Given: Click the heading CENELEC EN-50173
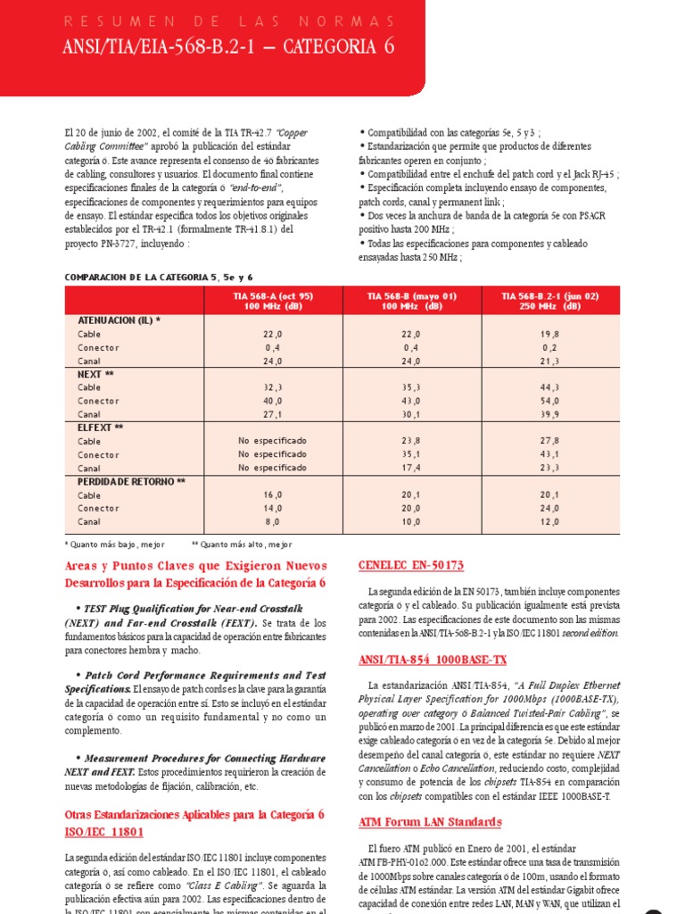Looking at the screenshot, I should click(410, 566).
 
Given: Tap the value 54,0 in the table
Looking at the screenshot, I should click(549, 401).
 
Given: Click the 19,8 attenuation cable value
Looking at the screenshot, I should click(549, 334).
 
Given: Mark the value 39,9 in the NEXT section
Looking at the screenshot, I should click(549, 414).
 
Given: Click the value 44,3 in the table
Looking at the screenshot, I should click(549, 387).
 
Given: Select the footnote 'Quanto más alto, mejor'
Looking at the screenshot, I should click(242, 544).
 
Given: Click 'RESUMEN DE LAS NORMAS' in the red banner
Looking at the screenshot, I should click(227, 20).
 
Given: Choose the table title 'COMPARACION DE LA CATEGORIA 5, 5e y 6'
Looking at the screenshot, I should click(159, 278).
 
